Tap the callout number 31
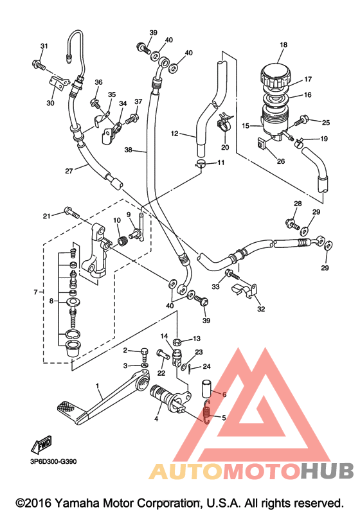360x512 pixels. pyautogui.click(x=44, y=46)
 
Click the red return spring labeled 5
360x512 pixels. pyautogui.click(x=206, y=412)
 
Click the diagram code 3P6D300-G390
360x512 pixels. pyautogui.click(x=53, y=461)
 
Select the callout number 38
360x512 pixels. pyautogui.click(x=128, y=150)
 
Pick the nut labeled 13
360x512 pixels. pyautogui.click(x=177, y=342)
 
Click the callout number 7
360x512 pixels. pyautogui.click(x=36, y=292)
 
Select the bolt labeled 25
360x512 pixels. pyautogui.click(x=300, y=122)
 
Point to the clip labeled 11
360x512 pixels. pyautogui.click(x=201, y=164)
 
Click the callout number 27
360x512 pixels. pyautogui.click(x=69, y=170)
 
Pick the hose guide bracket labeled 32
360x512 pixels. pyautogui.click(x=244, y=291)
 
